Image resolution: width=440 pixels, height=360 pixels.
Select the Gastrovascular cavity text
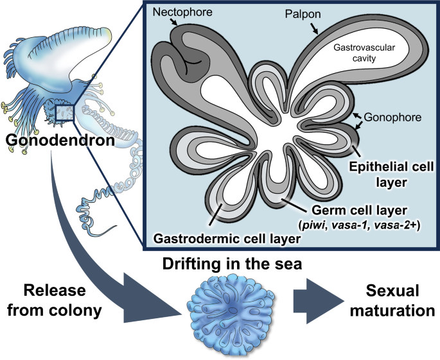click(365, 53)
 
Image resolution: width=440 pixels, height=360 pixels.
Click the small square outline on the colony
click(66, 112)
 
